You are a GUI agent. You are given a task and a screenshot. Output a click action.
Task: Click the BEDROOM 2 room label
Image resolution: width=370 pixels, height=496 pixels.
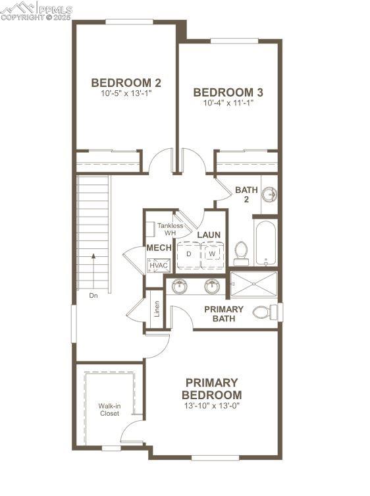tap(126, 83)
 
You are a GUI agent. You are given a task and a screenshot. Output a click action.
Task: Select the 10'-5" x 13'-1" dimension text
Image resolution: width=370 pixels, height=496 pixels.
tap(126, 94)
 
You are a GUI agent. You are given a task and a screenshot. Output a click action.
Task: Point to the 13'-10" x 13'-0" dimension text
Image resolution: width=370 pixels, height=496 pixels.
tap(211, 406)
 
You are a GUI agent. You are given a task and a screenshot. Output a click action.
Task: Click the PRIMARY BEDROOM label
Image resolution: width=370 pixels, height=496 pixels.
tap(211, 388)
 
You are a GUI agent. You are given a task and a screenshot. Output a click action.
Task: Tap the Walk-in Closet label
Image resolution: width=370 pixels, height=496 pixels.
tap(109, 410)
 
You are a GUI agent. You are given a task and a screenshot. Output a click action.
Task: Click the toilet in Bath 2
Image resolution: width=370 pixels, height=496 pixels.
tap(242, 252)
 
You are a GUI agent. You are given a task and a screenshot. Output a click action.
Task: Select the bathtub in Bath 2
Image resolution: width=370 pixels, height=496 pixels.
tap(266, 243)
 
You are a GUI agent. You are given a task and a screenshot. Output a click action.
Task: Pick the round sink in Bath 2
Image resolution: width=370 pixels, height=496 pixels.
tap(269, 194)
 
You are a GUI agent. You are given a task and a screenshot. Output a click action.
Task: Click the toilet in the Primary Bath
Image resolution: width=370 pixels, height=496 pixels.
tap(265, 312)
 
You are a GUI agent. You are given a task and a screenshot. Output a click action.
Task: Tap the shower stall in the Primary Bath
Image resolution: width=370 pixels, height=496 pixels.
tap(254, 285)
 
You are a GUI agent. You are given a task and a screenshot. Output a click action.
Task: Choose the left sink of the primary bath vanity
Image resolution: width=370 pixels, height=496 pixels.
tap(179, 287)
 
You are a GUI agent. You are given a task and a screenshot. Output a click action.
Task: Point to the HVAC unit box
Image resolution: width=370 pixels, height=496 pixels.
tap(159, 265)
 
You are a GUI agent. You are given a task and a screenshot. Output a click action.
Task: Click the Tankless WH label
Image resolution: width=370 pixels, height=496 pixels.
tap(170, 229)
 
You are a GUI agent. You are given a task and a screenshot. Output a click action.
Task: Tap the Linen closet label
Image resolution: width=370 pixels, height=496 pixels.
tap(157, 309)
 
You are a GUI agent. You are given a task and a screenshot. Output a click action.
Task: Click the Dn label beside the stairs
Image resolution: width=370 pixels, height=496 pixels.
tap(93, 296)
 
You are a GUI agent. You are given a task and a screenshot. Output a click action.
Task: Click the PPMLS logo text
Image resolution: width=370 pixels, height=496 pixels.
tap(55, 9)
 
